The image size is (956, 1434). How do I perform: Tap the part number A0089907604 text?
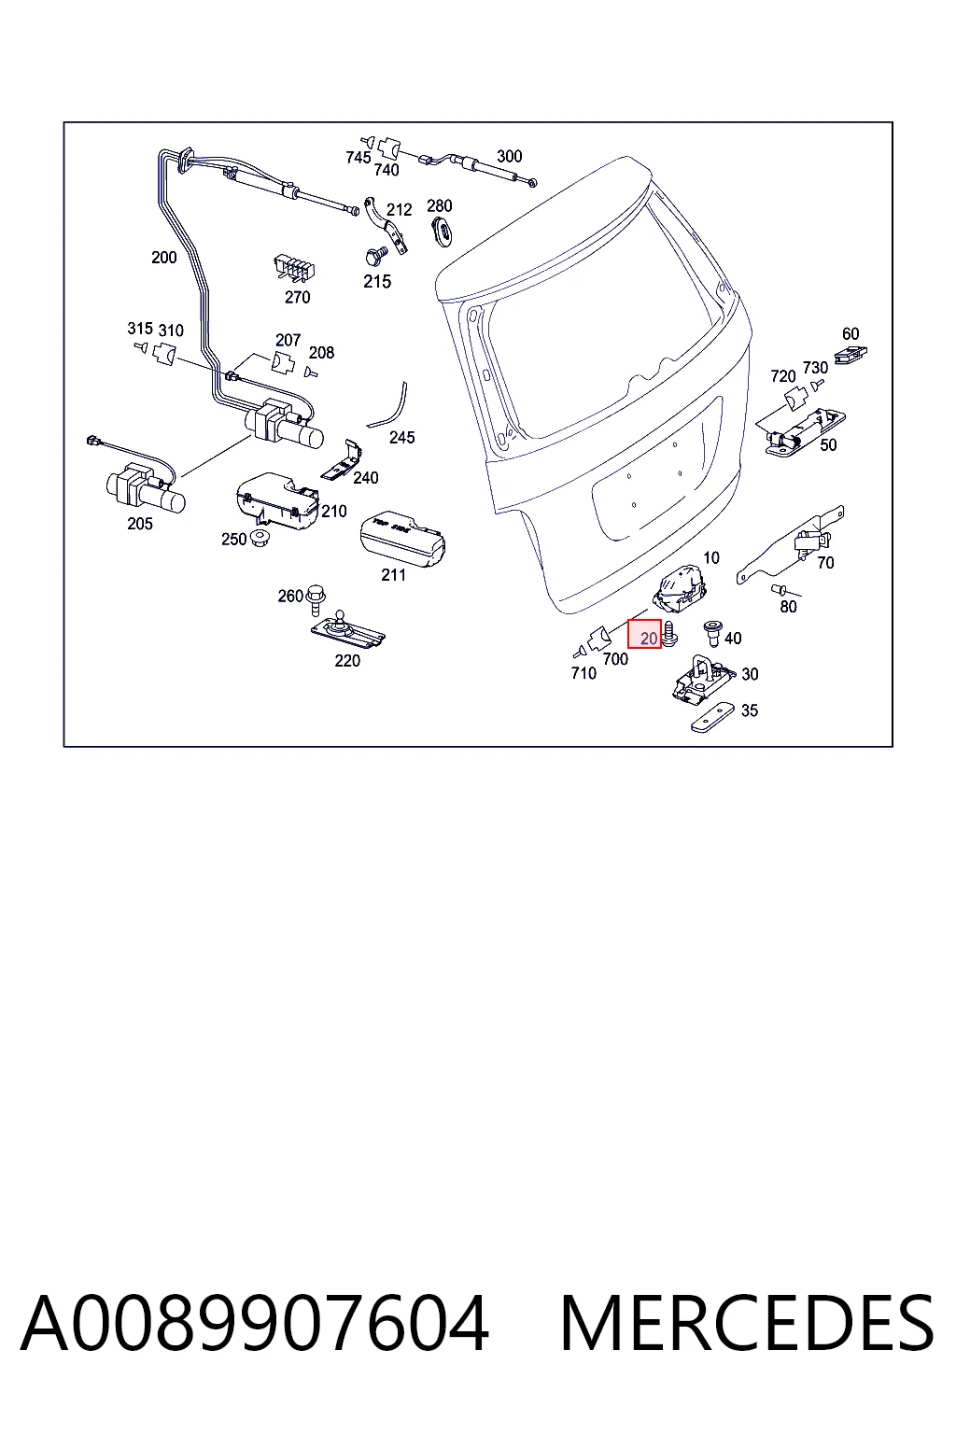coord(255,1324)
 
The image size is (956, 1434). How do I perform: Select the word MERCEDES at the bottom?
coord(747,1324)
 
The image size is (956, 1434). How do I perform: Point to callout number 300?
coord(509,156)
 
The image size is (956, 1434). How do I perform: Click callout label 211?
coord(393,575)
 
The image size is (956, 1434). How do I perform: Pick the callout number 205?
coord(140,524)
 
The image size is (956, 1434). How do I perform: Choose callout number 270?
coord(297,297)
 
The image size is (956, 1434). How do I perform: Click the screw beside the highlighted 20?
coord(669,634)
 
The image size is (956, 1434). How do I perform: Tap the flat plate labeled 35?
coord(712,717)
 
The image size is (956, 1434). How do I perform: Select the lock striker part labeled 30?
coord(702,679)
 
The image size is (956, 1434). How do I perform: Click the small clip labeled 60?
coord(851,354)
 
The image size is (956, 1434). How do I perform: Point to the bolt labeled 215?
coord(374,257)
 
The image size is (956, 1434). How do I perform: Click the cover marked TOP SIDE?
coord(402,539)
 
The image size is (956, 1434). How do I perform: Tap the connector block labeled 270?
coord(294,268)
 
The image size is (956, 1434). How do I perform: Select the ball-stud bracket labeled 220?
coord(347,630)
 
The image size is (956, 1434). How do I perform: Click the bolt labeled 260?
coord(316,600)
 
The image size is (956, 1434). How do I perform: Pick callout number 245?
coord(401,437)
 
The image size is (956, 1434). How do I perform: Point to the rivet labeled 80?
coord(780,589)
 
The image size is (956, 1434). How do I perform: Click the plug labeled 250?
coord(260,537)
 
